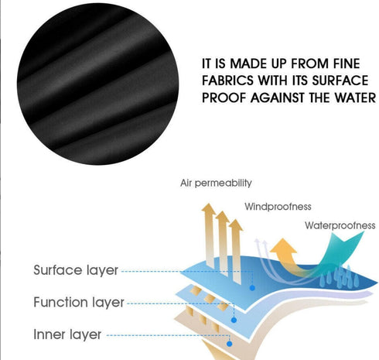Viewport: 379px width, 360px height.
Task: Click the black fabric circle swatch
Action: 98,84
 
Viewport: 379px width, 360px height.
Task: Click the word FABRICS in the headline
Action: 227,81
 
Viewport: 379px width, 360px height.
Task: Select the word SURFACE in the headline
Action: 340,81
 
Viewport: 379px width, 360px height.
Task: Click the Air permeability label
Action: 216,183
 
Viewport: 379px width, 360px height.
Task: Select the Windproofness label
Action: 278,207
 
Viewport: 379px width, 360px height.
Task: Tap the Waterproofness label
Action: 340,225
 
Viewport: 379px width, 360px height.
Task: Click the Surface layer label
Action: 76,270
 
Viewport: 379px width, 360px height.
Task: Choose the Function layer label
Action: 79,302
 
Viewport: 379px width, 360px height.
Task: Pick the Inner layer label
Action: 67,334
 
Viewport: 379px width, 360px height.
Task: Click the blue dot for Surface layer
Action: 252,288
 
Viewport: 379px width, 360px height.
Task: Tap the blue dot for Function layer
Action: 234,321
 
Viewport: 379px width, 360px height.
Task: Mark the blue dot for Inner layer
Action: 230,344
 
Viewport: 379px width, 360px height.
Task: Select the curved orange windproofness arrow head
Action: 283,245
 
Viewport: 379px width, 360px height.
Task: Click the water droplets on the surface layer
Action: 340,276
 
